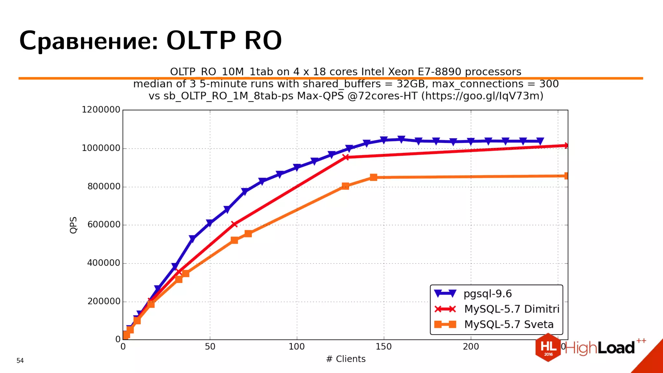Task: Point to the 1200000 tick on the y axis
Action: pos(101,110)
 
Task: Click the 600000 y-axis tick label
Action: pos(104,225)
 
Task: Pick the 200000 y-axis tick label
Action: pos(104,301)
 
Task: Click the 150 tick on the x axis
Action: pos(384,347)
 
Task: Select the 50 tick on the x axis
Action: pos(210,347)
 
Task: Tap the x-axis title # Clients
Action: pos(346,359)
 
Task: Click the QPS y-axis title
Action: pos(73,225)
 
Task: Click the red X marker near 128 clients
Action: pos(346,157)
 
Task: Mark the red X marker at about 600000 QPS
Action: pos(234,224)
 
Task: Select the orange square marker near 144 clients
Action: pos(373,177)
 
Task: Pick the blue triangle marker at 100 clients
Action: pos(297,167)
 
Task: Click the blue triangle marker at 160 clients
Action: pos(401,140)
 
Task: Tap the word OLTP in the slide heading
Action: pos(200,41)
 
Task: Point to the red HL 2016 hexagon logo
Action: pos(548,347)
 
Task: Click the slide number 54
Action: pos(20,361)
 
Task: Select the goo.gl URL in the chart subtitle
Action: pos(482,96)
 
